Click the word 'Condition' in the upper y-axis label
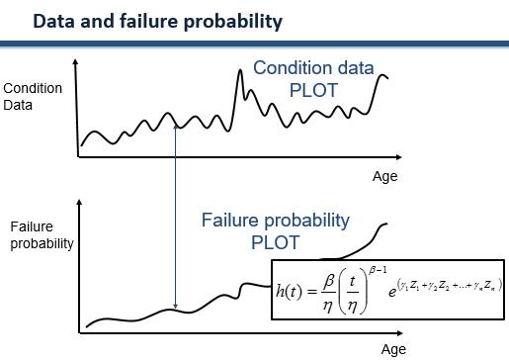[33, 88]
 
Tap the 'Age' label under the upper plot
[384, 177]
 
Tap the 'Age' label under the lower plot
[393, 349]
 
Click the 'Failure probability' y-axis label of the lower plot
[40, 235]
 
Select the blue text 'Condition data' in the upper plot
[313, 68]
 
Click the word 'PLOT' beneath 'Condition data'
[314, 90]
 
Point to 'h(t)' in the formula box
[290, 290]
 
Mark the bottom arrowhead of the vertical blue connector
[175, 308]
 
